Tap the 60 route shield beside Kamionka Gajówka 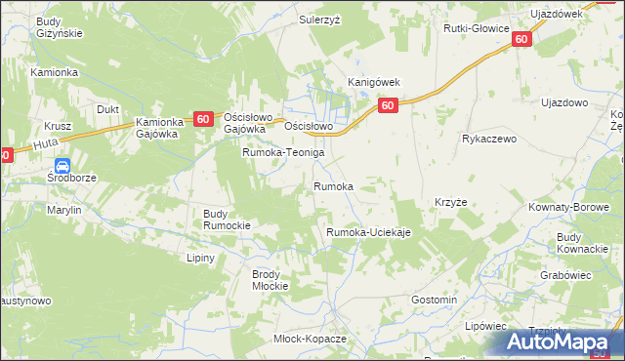click(203, 119)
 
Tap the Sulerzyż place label click(319, 19)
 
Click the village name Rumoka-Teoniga click(283, 153)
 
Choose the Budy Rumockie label click(227, 219)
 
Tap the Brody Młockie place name click(270, 280)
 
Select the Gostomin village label click(435, 300)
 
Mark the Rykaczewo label click(489, 140)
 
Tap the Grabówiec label click(562, 275)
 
